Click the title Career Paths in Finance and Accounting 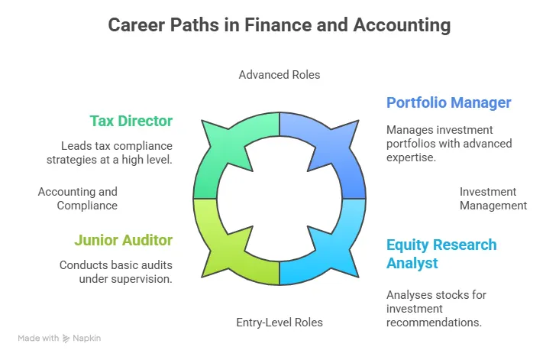click(279, 25)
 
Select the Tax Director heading click(131, 121)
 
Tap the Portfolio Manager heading click(448, 102)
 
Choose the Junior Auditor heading click(123, 240)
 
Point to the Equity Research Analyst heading click(441, 254)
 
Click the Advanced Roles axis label click(279, 75)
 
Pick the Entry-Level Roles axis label click(279, 323)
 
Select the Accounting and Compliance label click(78, 199)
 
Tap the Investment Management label click(493, 199)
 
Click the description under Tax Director click(117, 152)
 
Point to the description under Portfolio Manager click(449, 144)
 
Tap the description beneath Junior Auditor click(115, 272)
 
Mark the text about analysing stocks click(436, 309)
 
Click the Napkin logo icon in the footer click(67, 338)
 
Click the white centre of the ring click(279, 199)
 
